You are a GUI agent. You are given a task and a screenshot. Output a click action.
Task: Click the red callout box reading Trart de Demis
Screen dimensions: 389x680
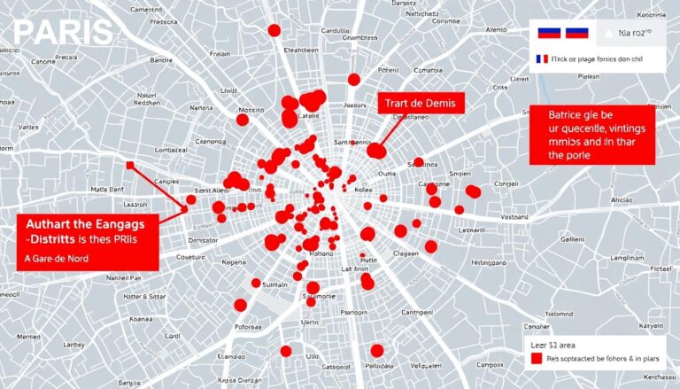point(421,103)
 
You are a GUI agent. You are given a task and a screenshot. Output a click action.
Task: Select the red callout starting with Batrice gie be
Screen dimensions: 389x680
point(591,135)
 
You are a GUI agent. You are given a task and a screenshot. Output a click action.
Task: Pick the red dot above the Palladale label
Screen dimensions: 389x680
point(377,350)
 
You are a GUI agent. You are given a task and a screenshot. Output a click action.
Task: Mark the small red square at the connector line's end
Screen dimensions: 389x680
point(130,165)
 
